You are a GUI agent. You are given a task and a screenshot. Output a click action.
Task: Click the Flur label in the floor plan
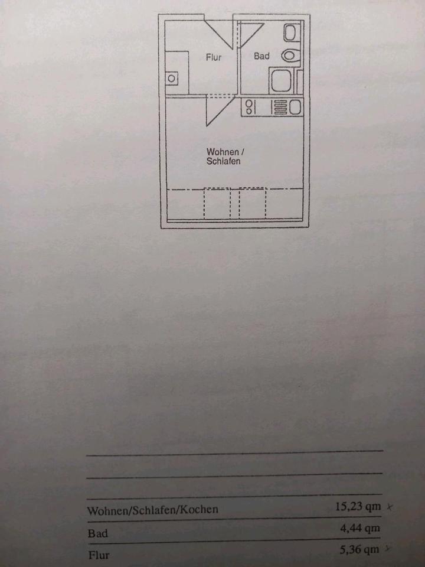[214, 57]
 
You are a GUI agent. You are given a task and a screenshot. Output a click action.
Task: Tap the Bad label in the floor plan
[261, 56]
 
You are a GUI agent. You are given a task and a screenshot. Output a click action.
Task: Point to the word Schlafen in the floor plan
[223, 161]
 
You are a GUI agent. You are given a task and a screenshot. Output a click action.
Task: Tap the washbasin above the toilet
[291, 32]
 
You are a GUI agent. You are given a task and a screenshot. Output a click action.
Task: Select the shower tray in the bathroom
[281, 81]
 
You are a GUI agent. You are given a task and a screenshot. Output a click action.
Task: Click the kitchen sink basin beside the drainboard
[295, 107]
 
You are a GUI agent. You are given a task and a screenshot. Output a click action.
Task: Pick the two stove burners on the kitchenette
[249, 107]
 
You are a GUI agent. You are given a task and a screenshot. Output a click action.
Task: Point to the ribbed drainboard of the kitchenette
[279, 107]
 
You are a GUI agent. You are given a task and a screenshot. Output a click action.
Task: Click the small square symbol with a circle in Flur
[171, 78]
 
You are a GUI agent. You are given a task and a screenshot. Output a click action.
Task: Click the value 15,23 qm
[357, 506]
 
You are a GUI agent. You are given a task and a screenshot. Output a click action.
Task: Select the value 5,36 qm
[359, 550]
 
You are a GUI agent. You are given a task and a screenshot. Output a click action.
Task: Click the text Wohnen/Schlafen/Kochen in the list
[152, 510]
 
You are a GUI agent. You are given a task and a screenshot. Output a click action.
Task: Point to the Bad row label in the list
[98, 533]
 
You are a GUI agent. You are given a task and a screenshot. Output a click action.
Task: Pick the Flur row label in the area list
[99, 555]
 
